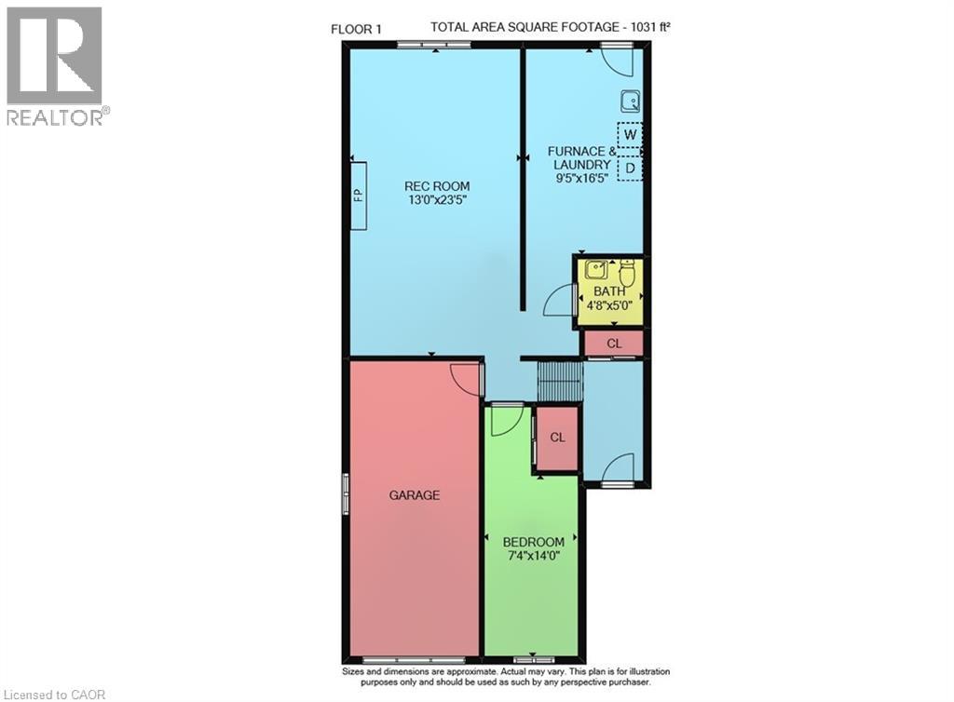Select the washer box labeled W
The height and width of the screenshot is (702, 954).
pos(631,134)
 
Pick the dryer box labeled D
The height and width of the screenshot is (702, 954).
pos(631,168)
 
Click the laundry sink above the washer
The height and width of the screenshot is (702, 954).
pos(630,100)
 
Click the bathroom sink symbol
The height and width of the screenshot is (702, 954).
pos(596,272)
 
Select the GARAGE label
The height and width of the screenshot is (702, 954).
pos(414,495)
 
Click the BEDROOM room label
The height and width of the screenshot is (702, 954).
pos(533,542)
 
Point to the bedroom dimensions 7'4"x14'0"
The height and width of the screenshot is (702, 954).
pos(533,557)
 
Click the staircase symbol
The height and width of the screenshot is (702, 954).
pos(560,382)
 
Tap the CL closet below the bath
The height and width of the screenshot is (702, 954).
pos(613,344)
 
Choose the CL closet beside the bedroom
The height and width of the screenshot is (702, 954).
pos(557,437)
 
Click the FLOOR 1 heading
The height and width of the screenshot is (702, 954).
pos(357,28)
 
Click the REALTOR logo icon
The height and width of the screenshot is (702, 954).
pos(54,56)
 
